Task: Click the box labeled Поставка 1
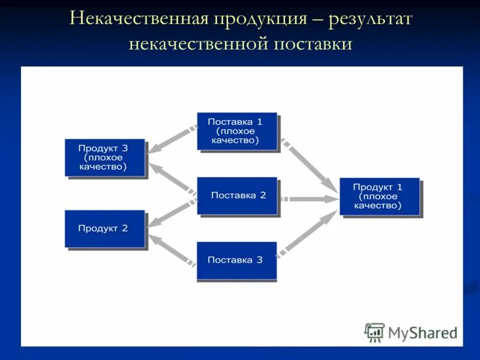click(237, 131)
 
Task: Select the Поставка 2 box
click(237, 196)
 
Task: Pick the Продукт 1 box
click(379, 196)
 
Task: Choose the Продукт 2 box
click(105, 229)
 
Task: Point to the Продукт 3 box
click(105, 157)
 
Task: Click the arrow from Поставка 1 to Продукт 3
click(172, 137)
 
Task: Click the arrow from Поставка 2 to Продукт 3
click(172, 179)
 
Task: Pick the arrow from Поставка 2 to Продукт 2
click(172, 213)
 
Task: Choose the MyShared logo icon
click(374, 332)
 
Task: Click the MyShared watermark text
click(422, 332)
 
